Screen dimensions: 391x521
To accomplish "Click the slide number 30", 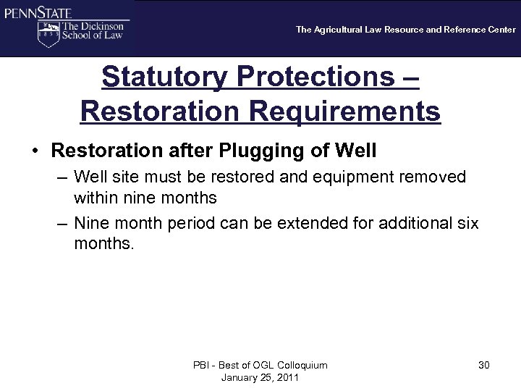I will pyautogui.click(x=483, y=365).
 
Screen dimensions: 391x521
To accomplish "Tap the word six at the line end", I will pyautogui.click(x=467, y=223).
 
